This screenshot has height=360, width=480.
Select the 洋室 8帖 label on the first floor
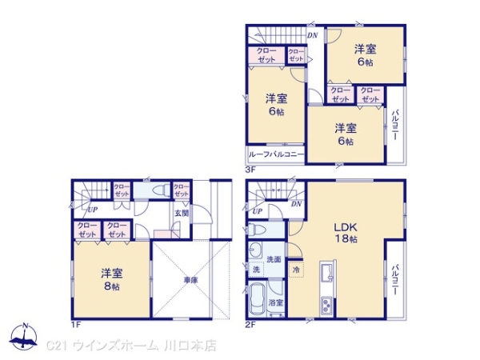[x=110, y=279]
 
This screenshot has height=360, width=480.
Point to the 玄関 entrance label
[x=182, y=214]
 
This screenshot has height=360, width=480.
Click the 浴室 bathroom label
[x=275, y=303]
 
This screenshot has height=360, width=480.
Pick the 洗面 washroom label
[x=274, y=259]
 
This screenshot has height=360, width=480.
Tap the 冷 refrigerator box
[x=296, y=270]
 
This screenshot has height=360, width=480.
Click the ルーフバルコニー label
[x=276, y=155]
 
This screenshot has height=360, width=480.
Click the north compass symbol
[x=25, y=335]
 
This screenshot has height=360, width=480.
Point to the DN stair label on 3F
[x=312, y=35]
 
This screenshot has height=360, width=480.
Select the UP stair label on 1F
[x=93, y=210]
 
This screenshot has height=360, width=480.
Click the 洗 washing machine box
[x=255, y=270]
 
